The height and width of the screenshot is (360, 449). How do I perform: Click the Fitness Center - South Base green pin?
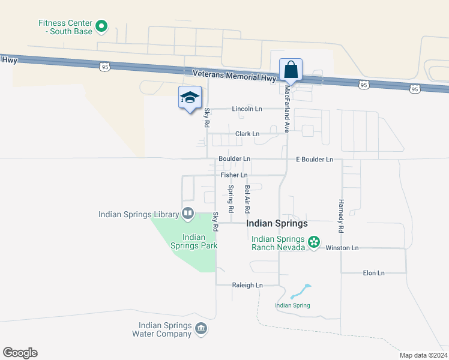click(101, 26)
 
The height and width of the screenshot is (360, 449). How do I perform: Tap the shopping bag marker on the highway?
click(291, 70)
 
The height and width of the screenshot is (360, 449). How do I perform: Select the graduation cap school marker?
click(190, 98)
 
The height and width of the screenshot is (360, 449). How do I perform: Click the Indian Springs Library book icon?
click(188, 213)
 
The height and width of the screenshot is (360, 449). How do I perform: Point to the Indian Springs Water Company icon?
click(201, 328)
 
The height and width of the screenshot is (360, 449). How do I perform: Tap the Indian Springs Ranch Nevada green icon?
click(313, 242)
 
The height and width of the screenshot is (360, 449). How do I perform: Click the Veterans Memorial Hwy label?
click(234, 76)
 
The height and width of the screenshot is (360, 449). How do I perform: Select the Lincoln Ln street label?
click(248, 109)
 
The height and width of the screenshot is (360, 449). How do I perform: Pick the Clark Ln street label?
click(247, 134)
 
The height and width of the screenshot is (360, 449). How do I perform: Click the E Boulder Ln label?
click(314, 160)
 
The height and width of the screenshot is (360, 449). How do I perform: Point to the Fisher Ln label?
click(234, 175)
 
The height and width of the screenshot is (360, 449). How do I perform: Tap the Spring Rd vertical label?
click(231, 199)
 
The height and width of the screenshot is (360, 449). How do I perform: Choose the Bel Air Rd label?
click(247, 199)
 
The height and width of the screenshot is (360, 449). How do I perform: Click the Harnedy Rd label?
click(340, 216)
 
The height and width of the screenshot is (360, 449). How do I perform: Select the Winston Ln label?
click(342, 248)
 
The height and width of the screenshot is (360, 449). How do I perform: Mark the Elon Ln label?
click(373, 273)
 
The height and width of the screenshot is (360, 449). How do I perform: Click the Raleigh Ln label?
click(247, 285)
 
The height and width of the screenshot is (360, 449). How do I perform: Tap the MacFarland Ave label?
click(288, 108)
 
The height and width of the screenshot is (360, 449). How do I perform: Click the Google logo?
click(20, 353)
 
